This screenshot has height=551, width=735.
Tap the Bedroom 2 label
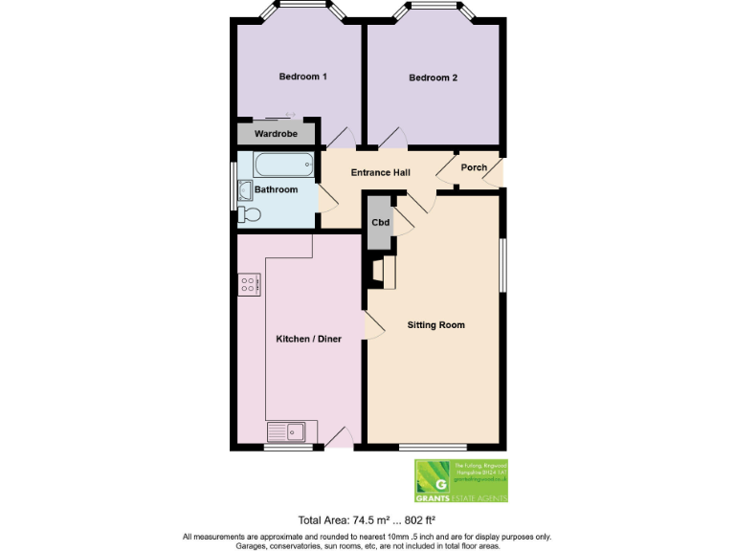coord(434,77)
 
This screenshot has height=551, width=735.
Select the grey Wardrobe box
coord(277,134)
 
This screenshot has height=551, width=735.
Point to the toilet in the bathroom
coord(248,215)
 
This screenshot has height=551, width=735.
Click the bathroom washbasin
coord(243,189)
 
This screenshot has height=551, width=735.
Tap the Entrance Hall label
coord(380,172)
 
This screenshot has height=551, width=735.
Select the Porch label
coord(474,167)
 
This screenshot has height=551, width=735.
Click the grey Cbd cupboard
coord(379,222)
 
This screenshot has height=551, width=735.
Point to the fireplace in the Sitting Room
coord(388,272)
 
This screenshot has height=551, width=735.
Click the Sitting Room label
coord(435,325)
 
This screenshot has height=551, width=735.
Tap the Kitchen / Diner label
coord(308,339)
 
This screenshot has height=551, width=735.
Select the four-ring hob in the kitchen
coord(250,283)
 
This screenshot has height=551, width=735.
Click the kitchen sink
coord(285,432)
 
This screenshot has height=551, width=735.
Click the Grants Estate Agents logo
coord(460,480)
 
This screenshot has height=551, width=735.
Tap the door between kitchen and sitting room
coord(373,325)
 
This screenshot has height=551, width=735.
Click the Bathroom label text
coord(276,189)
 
